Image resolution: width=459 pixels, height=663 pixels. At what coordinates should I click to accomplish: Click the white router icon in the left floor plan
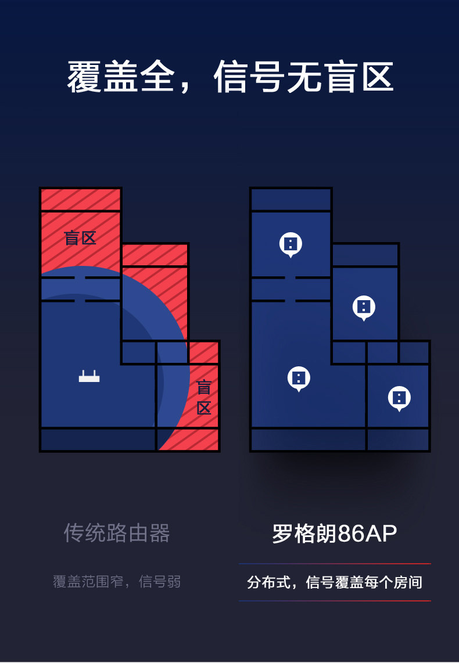click(89, 376)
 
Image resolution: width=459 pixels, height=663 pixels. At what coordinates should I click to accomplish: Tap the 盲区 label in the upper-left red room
click(80, 238)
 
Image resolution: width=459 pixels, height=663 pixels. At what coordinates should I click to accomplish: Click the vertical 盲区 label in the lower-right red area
click(204, 398)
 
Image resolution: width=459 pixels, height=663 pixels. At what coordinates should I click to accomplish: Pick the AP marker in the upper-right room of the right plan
click(364, 307)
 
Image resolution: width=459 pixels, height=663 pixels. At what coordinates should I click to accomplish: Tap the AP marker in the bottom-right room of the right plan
click(399, 398)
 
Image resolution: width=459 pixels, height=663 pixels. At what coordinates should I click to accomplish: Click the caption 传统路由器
click(117, 533)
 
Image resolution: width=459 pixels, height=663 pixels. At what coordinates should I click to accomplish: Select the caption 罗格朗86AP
click(334, 534)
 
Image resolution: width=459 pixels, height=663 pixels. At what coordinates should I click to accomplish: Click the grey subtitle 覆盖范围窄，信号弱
click(117, 582)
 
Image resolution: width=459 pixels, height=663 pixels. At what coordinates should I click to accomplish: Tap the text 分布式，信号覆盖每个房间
click(335, 582)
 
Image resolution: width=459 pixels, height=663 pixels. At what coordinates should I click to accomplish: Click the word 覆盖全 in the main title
click(121, 77)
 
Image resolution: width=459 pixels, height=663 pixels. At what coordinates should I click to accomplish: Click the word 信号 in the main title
click(249, 77)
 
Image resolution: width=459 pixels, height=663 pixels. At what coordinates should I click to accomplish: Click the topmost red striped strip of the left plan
click(80, 200)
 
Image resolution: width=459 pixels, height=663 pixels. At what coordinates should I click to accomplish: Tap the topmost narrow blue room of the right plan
click(291, 200)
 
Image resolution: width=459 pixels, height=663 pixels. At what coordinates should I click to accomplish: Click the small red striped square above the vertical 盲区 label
click(203, 353)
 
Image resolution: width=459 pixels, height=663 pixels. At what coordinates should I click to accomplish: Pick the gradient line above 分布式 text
click(335, 564)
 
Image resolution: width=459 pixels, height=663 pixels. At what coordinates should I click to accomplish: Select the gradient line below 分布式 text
click(335, 601)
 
